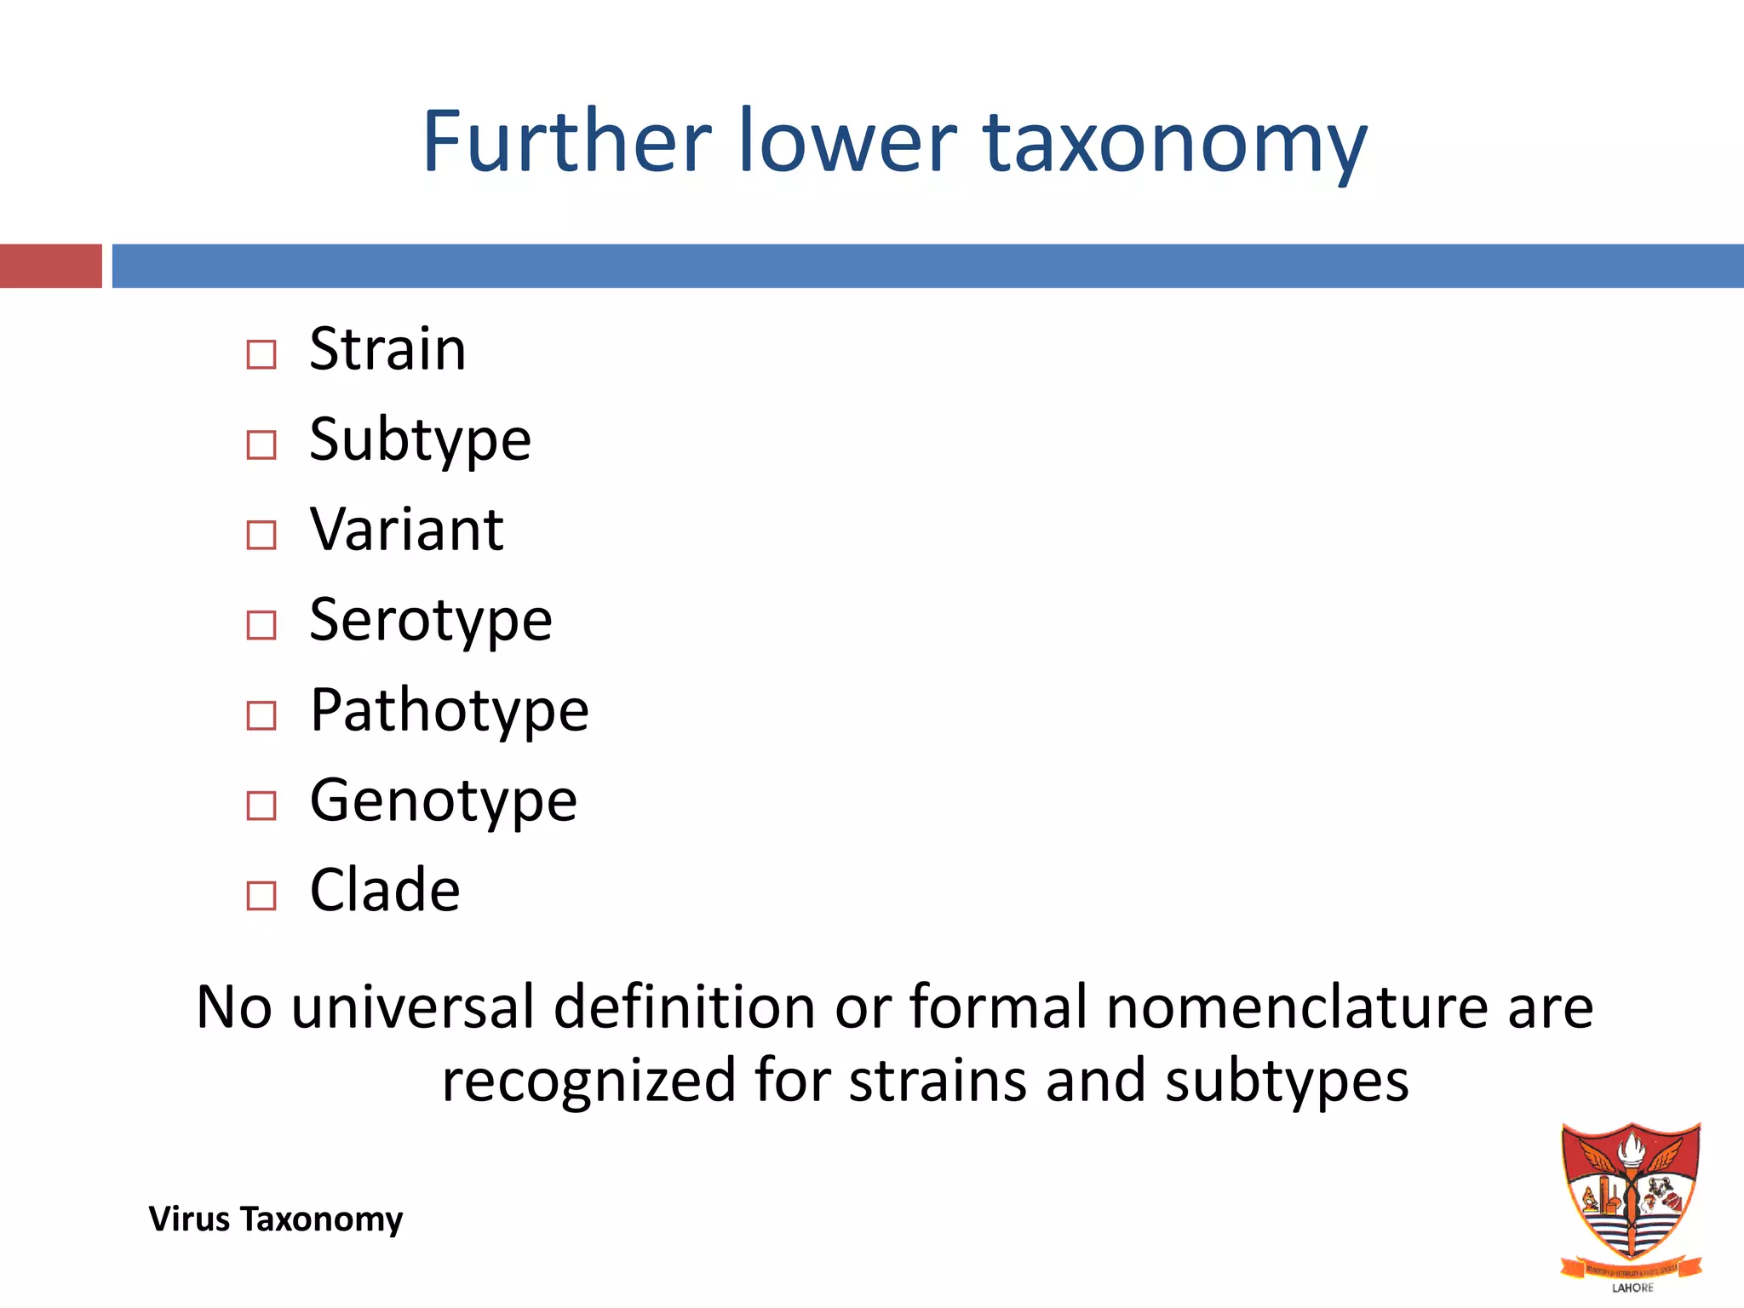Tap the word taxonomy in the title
(x=1175, y=143)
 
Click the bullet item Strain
(x=387, y=349)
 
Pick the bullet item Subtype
(x=420, y=440)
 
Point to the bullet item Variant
(x=406, y=530)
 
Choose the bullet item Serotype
(x=430, y=620)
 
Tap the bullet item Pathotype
(x=449, y=710)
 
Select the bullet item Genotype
(x=443, y=800)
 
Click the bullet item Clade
(x=385, y=891)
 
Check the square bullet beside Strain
(x=261, y=354)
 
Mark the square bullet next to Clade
(x=261, y=896)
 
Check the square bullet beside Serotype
(x=261, y=625)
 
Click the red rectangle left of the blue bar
(x=51, y=266)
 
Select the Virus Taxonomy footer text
(x=275, y=1219)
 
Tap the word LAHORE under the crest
(x=1632, y=1288)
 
